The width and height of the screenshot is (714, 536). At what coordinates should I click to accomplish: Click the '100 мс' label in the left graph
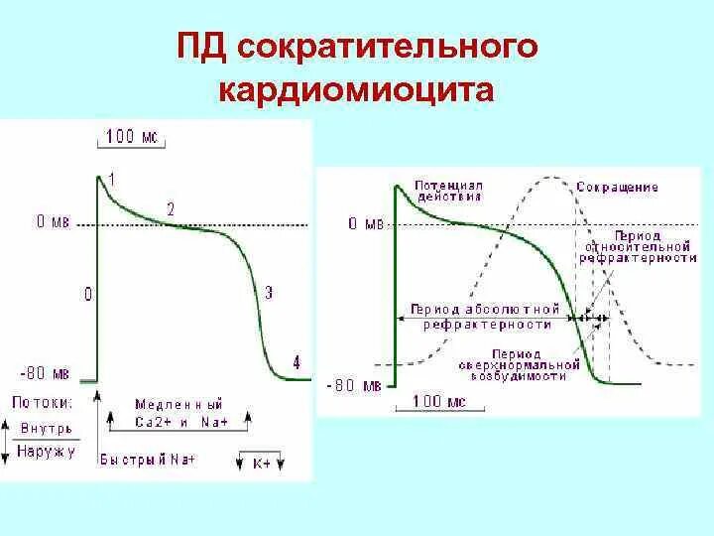pos(128,137)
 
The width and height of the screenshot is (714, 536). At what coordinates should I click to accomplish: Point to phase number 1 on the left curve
pos(112,178)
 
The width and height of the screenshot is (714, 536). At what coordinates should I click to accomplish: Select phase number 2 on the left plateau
pos(171,209)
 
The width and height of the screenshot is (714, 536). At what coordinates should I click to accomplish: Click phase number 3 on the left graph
pos(270,292)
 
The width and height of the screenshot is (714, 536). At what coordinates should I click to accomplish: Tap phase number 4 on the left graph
pos(296,362)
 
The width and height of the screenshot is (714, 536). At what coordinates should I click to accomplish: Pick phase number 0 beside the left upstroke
pos(88,294)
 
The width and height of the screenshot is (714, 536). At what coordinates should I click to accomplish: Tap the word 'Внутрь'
pos(45,428)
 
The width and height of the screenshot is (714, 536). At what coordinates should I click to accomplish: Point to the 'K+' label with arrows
pos(262,462)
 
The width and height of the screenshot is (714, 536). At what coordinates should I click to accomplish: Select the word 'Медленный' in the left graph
pos(178,404)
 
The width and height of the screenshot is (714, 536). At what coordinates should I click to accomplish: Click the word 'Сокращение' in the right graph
pos(617,187)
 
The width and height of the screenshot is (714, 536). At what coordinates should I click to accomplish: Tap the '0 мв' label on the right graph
pos(366,224)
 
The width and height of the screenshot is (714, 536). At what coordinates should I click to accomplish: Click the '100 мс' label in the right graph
pos(425,401)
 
